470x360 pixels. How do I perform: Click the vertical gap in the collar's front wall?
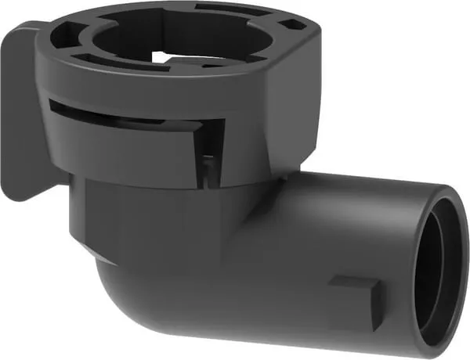coord(208,153)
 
